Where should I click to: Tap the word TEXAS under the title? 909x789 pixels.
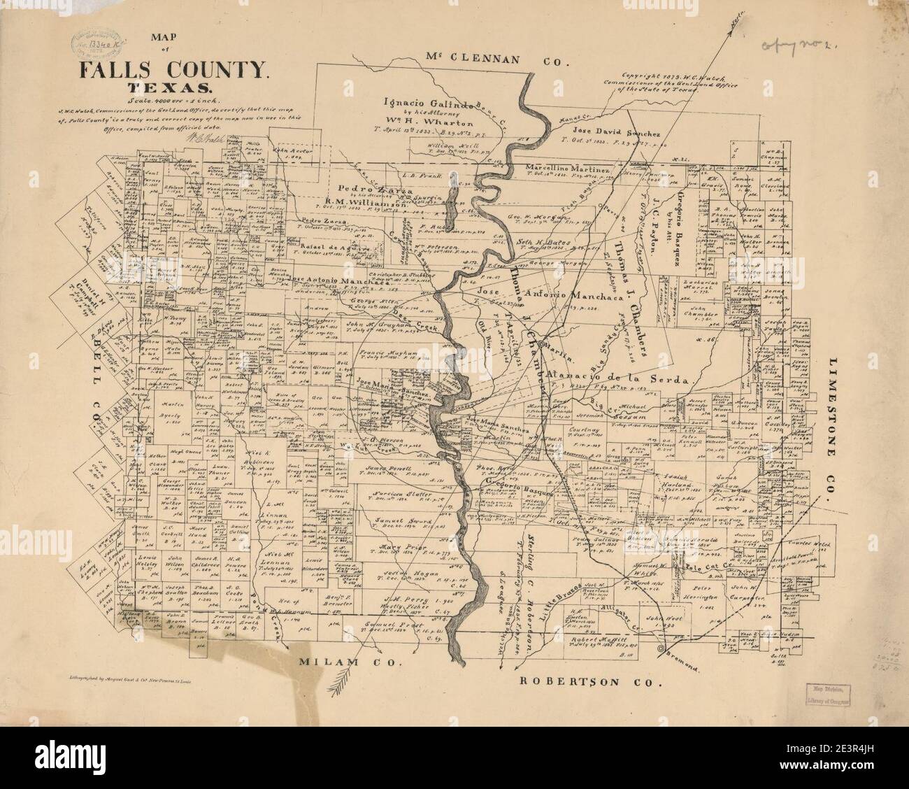pos(168,89)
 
